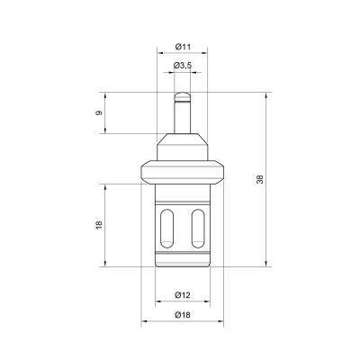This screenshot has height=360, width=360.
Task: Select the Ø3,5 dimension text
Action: [183, 65]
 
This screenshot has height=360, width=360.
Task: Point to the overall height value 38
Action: [260, 179]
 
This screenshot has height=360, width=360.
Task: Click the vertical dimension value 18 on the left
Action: [99, 225]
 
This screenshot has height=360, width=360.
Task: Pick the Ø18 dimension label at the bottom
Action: [183, 316]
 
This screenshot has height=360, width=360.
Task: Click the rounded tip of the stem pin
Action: [183, 90]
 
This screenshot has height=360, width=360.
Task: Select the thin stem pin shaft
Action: [183, 112]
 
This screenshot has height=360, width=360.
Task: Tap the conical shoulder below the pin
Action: [183, 142]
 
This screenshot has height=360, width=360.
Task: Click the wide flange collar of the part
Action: [183, 168]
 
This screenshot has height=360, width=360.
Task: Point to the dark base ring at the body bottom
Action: [183, 262]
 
